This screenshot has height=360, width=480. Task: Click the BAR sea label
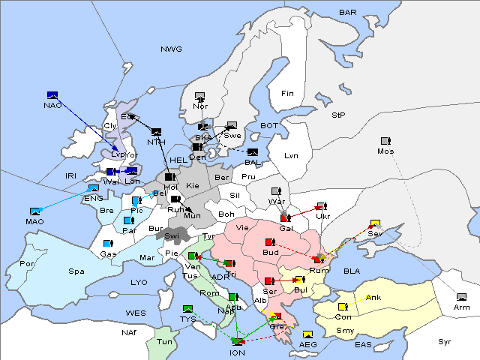(x=348, y=13)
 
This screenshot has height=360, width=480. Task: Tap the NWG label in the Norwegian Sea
(x=171, y=49)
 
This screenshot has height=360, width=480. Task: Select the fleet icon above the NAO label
(x=52, y=95)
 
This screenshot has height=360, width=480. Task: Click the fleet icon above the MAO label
(x=35, y=211)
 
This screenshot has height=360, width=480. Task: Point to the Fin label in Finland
(x=287, y=94)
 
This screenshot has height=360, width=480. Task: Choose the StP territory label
(x=338, y=115)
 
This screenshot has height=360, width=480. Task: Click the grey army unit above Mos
(x=385, y=141)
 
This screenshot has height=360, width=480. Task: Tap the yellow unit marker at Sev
(x=374, y=223)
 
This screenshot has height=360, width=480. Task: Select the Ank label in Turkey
(x=373, y=298)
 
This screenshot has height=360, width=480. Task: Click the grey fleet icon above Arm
(x=460, y=298)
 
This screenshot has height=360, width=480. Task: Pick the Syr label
(x=445, y=341)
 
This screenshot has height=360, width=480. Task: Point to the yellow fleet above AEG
(x=307, y=334)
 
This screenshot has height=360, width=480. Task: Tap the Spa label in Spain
(x=76, y=271)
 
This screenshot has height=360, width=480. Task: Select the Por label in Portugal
(x=27, y=264)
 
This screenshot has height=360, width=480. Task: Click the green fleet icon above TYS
(x=187, y=308)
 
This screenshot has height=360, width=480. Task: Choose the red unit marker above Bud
(x=271, y=242)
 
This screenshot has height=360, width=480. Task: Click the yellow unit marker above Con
(x=343, y=307)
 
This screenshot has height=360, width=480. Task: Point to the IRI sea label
(x=71, y=175)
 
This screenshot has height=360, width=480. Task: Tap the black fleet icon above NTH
(x=156, y=132)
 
